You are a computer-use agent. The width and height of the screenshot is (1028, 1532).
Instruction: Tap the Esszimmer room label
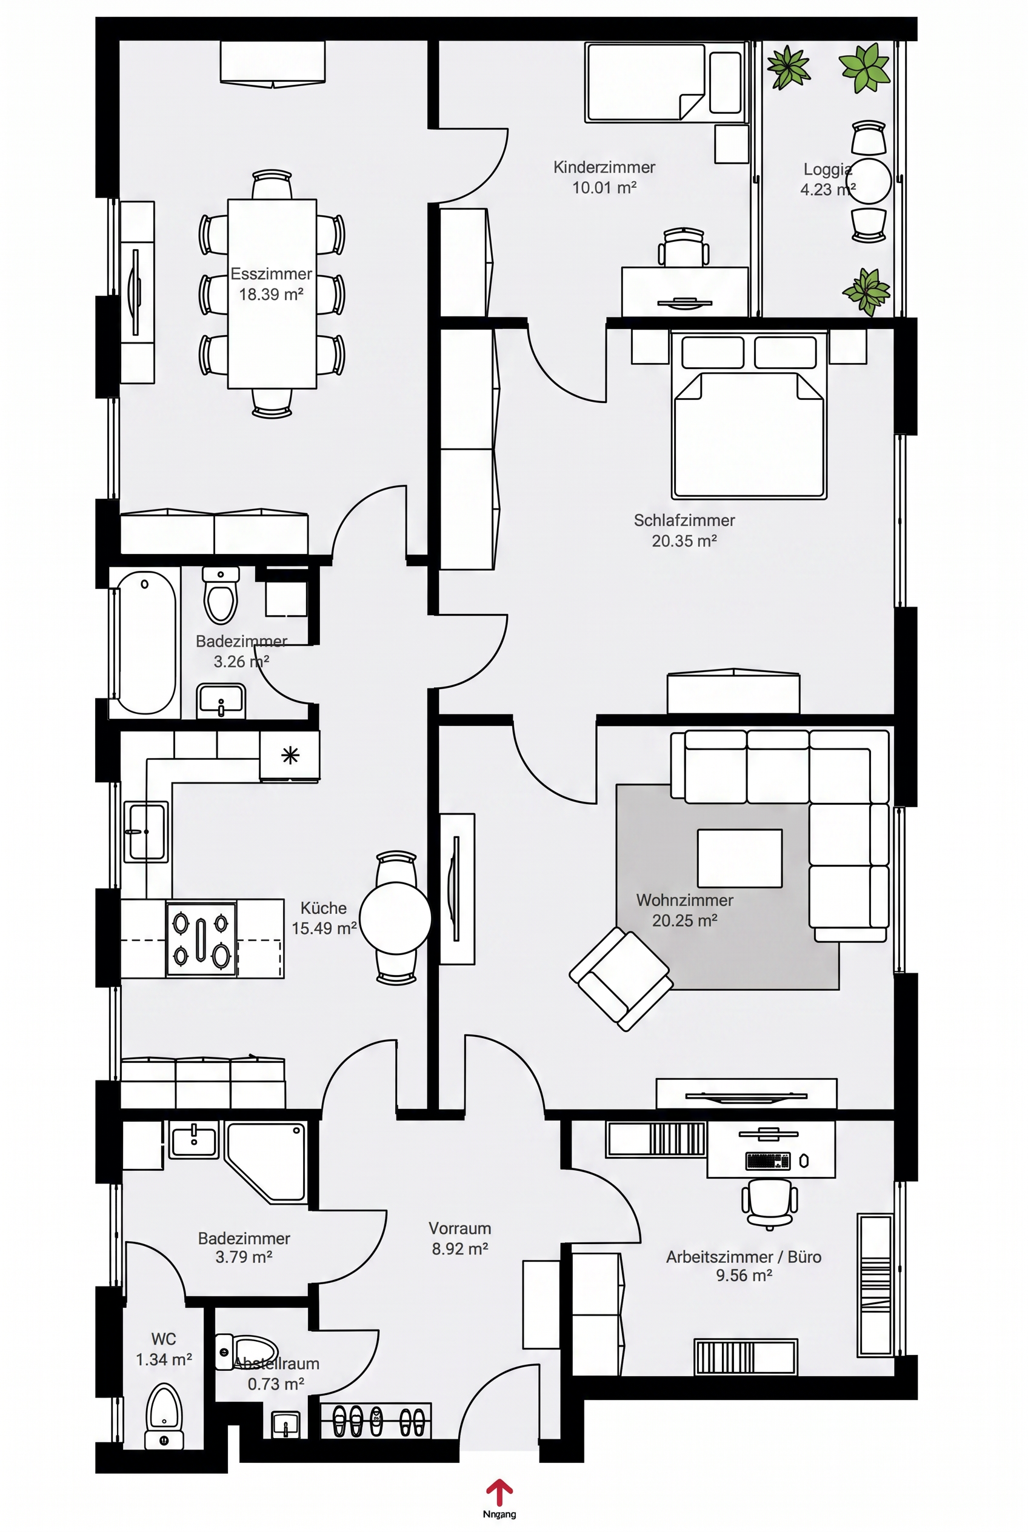[x=271, y=273]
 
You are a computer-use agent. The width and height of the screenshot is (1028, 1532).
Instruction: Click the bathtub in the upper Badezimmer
[x=145, y=642]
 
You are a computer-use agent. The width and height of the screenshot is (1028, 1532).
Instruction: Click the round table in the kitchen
[x=395, y=918]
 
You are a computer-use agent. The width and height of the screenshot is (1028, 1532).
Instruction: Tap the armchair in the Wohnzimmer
[x=621, y=979]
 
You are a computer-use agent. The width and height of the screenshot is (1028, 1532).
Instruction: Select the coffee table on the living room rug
[x=739, y=858]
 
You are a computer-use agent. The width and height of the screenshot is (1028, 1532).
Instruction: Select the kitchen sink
[x=147, y=832]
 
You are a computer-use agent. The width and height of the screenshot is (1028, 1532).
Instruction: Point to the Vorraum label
[x=459, y=1228]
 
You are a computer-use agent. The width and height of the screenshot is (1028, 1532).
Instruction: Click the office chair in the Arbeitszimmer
[x=770, y=1203]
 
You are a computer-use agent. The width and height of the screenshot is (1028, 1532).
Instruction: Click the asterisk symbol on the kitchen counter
[x=290, y=756]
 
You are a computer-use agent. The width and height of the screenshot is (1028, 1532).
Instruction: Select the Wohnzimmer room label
[x=684, y=900]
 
